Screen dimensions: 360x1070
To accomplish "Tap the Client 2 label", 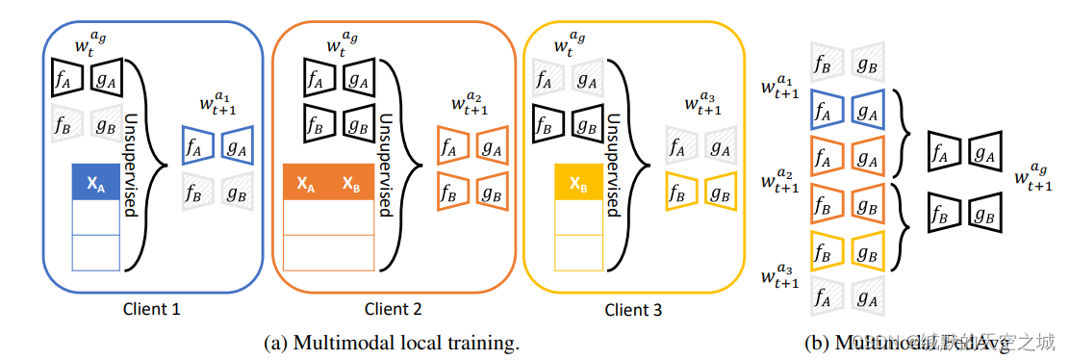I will click(393, 309).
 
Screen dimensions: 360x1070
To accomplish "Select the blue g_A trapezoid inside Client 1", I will click(237, 146).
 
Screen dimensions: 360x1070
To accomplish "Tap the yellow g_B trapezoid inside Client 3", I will click(718, 192).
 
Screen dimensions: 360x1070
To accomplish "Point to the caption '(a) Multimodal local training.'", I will click(393, 342).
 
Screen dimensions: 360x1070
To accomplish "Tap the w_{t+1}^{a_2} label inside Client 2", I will click(470, 105).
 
